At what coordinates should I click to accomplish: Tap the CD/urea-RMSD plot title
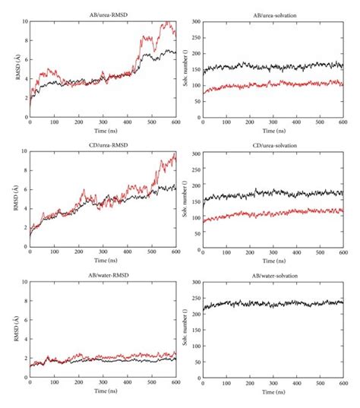[x=103, y=144]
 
